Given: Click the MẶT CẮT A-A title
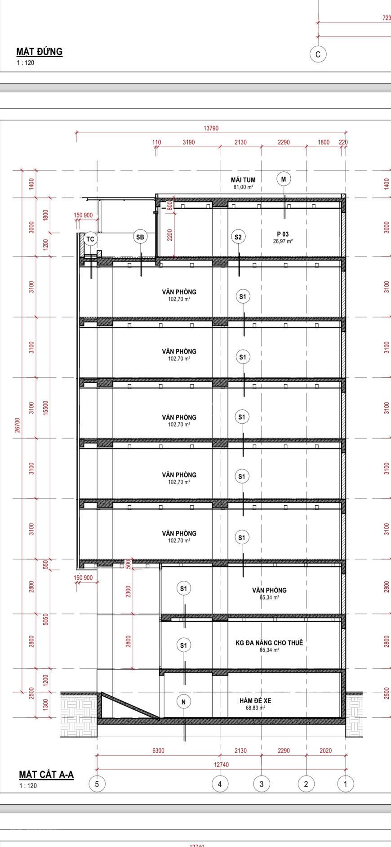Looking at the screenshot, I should point(46,774).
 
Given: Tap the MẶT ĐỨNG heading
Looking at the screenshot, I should point(40,52).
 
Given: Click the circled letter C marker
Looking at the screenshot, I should point(318,54).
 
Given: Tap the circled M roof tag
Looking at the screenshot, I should point(284,179).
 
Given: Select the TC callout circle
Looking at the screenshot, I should point(90,239).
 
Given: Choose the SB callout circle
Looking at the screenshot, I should point(140,237).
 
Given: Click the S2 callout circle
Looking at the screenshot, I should point(238,237).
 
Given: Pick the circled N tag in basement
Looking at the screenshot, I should point(183,702).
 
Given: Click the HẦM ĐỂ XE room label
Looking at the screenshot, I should point(255,701).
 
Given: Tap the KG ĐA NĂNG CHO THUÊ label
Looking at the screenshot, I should point(269,643).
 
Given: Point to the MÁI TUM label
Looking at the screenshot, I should point(243,180).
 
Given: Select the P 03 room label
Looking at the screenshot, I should point(283,234).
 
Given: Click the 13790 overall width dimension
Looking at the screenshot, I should point(211,128).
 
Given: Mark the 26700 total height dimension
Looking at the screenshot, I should point(18,425).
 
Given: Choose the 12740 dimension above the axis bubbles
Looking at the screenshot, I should point(222,765).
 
